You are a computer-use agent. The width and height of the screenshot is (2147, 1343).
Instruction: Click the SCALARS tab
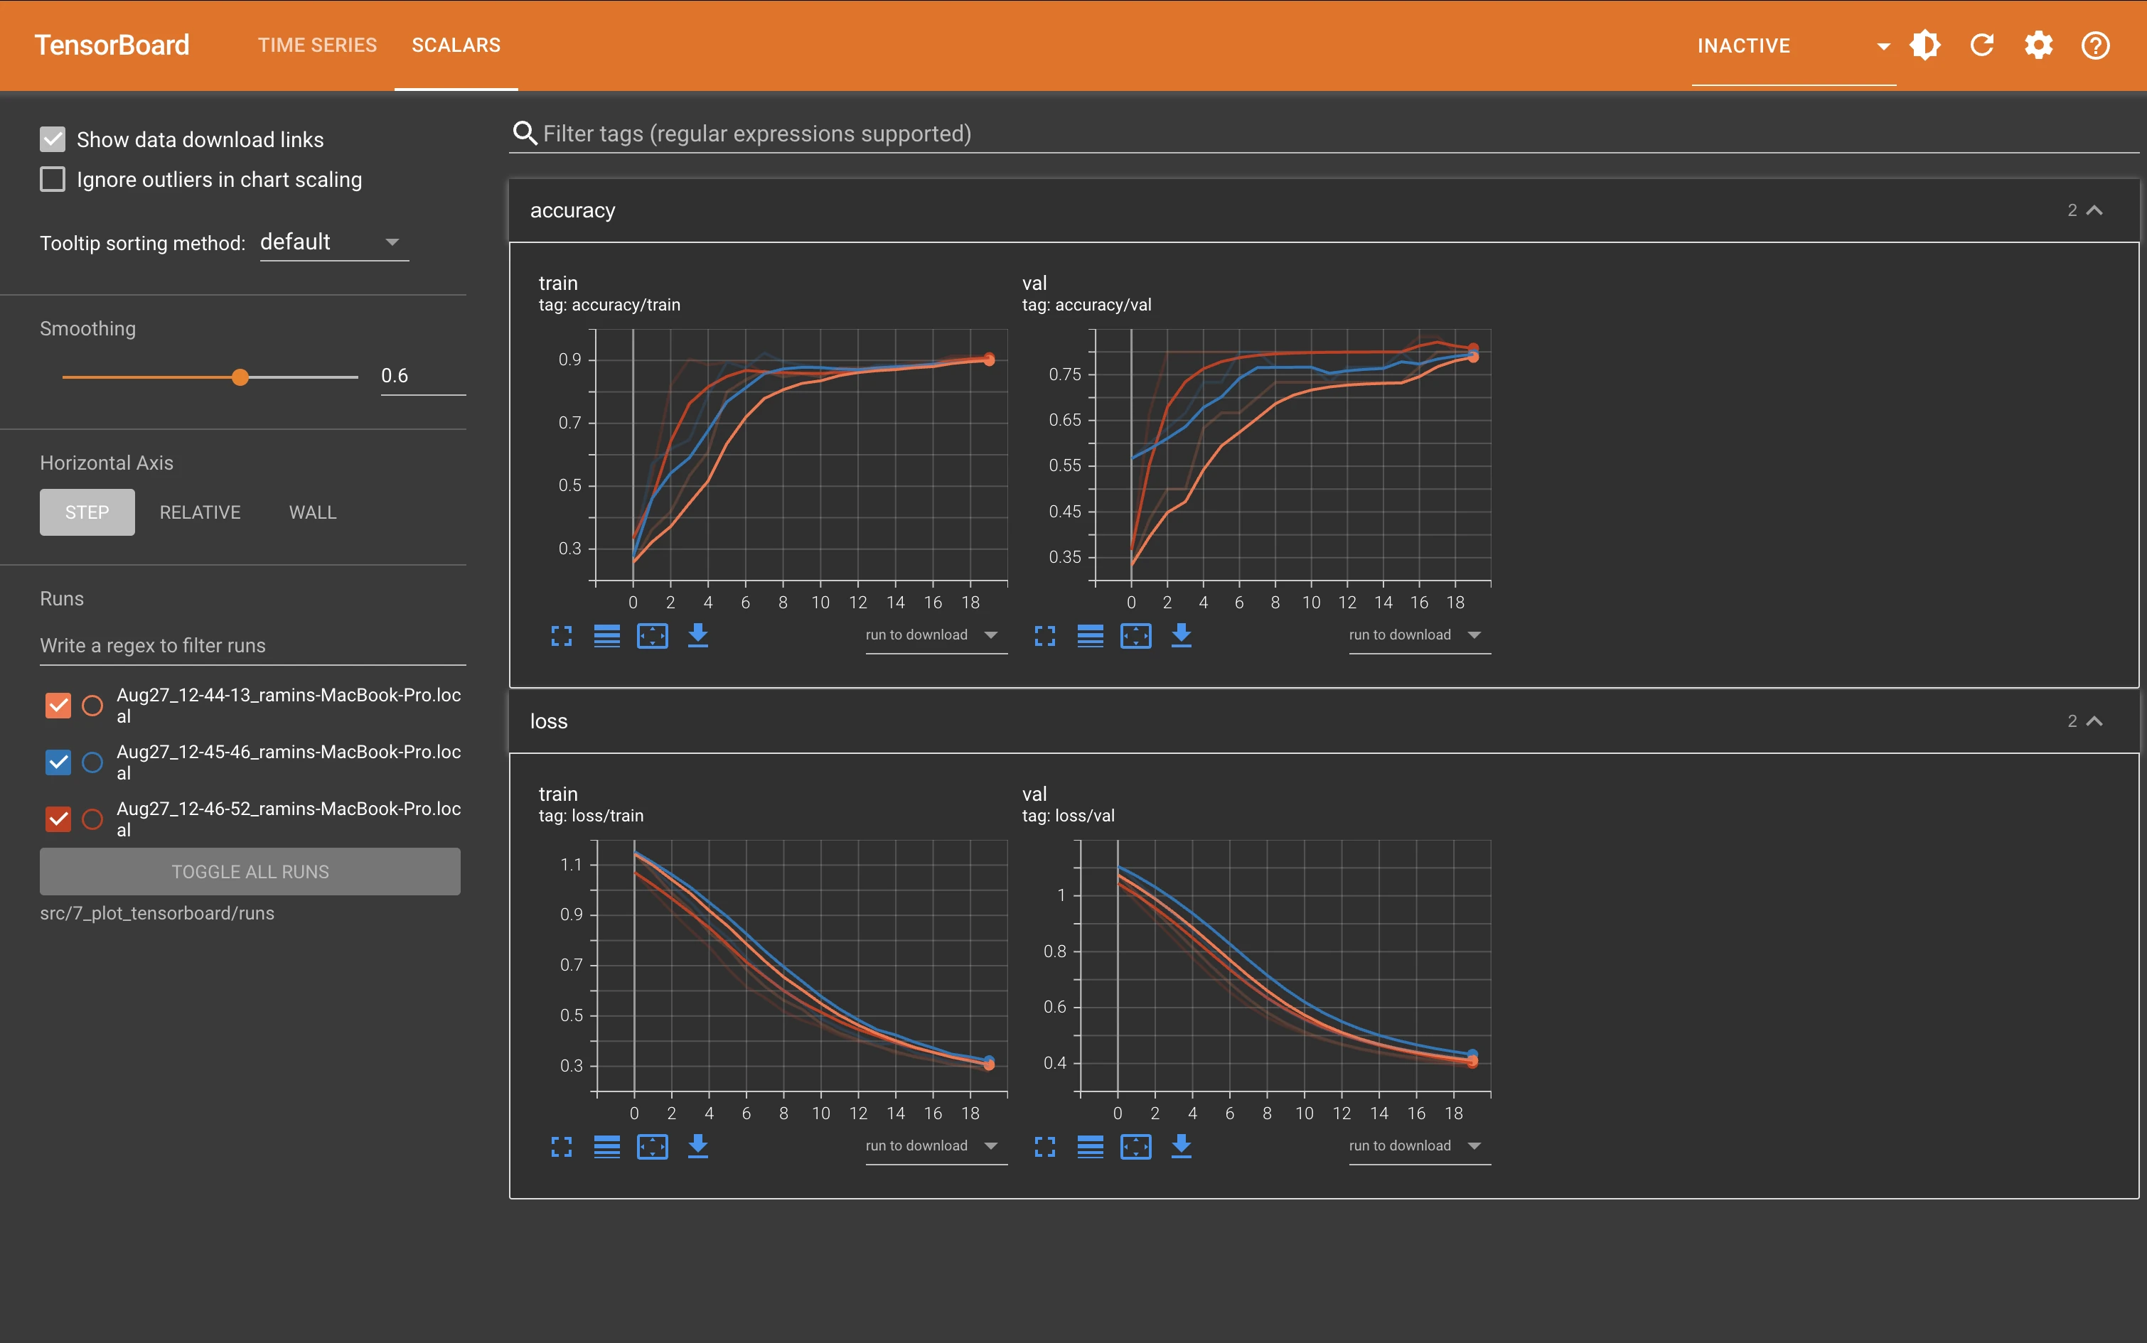click(456, 45)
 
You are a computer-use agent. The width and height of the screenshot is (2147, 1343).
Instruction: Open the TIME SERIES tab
click(317, 45)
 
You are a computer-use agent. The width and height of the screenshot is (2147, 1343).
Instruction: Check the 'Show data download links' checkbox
click(53, 139)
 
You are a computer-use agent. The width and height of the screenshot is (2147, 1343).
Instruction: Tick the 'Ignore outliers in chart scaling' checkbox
click(53, 179)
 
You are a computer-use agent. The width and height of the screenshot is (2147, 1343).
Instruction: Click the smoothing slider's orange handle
click(240, 377)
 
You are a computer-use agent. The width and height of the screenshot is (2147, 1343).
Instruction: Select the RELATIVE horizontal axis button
click(200, 512)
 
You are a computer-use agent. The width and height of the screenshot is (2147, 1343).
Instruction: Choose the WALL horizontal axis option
click(313, 512)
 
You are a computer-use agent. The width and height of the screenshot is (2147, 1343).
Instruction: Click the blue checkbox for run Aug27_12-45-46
click(58, 762)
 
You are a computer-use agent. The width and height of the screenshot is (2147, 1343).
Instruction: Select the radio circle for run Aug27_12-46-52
click(92, 819)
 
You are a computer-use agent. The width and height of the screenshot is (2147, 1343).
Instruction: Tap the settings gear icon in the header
click(2039, 45)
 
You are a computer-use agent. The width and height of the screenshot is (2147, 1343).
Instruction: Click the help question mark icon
click(2096, 45)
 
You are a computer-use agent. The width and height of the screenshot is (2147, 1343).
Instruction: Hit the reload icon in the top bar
click(1982, 45)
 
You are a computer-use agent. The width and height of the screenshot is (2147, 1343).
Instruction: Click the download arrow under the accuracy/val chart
click(1181, 635)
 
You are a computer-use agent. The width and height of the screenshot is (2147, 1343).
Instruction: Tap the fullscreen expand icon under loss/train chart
click(562, 1147)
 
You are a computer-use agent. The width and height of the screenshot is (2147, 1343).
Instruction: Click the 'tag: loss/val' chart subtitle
click(1068, 816)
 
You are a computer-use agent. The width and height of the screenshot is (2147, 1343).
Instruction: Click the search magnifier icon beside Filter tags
click(525, 134)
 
